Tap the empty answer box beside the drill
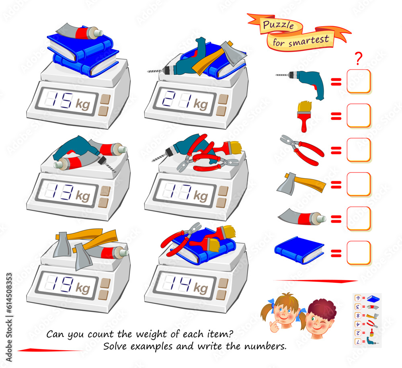tap(359, 81)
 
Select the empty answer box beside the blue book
tap(359, 253)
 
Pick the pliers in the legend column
tap(301, 150)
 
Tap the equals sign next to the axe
tap(336, 185)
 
